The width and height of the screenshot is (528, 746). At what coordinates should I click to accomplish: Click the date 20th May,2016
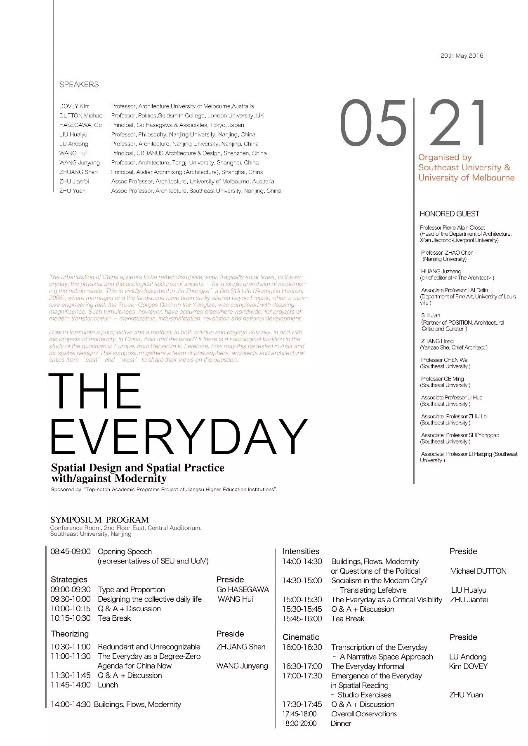(462, 56)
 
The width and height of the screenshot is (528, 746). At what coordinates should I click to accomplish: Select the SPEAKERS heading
(79, 84)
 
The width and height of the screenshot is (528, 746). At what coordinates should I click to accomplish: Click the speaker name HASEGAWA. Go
(80, 125)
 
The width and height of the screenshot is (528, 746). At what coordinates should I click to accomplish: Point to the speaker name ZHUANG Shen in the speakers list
(78, 172)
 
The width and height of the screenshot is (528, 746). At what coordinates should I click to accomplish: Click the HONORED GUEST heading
(449, 214)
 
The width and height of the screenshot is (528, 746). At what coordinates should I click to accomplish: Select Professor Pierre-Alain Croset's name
(452, 228)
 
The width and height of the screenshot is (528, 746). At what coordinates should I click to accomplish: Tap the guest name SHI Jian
(431, 315)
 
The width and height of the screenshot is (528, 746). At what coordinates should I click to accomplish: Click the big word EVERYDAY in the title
(178, 436)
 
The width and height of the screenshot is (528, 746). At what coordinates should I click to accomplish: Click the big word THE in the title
(95, 391)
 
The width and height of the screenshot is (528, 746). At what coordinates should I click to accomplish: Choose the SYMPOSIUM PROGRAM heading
(99, 520)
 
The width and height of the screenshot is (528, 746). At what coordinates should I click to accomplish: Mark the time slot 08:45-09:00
(70, 551)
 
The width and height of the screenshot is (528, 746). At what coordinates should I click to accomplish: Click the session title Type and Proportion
(131, 590)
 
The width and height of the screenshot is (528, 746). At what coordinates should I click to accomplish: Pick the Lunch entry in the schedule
(108, 685)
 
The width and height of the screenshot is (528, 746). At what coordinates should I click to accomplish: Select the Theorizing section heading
(69, 633)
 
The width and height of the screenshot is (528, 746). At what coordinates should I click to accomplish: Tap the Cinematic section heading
(301, 637)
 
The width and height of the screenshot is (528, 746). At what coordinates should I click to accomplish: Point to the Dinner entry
(341, 723)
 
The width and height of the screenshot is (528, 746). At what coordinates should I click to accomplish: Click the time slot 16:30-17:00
(302, 666)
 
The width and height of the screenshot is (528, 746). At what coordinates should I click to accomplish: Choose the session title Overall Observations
(364, 714)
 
